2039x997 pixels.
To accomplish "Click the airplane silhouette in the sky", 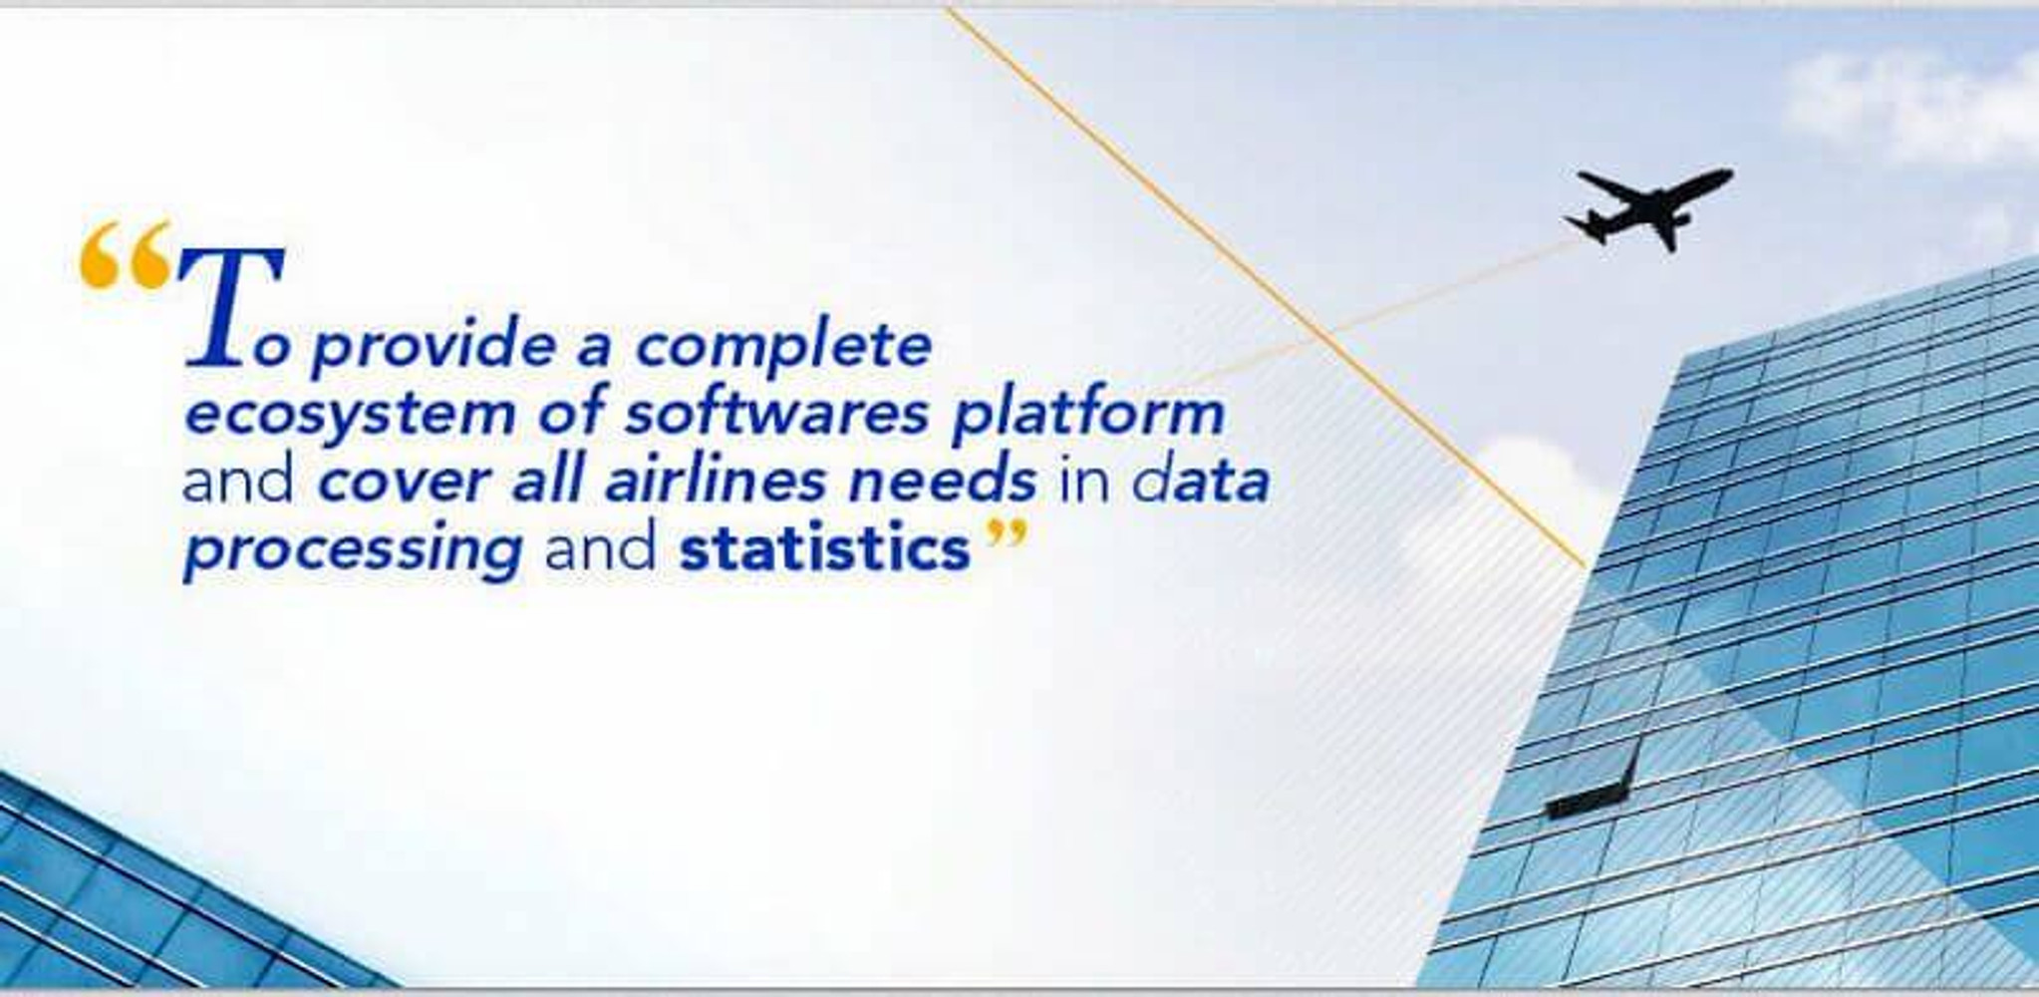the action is [x=1648, y=208].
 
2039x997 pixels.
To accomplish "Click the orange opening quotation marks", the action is [x=125, y=255].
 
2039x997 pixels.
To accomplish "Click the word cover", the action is [x=405, y=483].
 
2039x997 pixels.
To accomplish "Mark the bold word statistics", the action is [x=825, y=547].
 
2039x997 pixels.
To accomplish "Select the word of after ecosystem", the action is [x=571, y=412].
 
